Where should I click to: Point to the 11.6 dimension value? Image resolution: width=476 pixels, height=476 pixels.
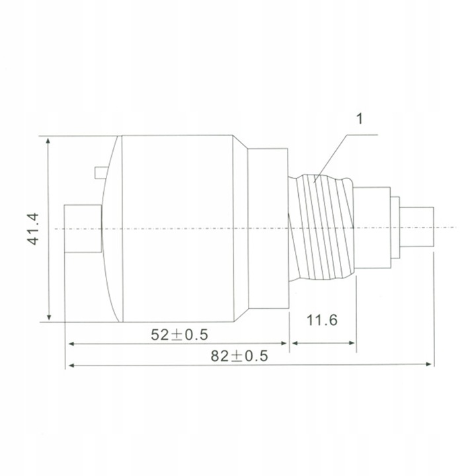tap(323, 321)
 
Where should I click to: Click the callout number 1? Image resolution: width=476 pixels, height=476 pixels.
tap(360, 120)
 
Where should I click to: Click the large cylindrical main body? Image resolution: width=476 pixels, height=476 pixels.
tap(178, 228)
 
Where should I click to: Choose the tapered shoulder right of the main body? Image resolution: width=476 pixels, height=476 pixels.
tap(241, 228)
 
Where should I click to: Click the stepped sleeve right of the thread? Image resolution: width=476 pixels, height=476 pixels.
tap(372, 228)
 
